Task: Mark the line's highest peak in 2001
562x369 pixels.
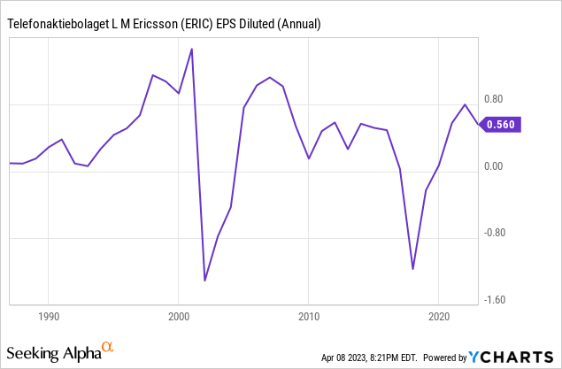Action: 192,49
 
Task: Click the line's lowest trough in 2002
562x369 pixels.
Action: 205,281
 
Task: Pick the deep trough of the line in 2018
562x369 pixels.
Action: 413,269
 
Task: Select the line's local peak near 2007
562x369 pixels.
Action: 270,78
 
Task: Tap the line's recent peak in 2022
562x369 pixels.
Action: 466,104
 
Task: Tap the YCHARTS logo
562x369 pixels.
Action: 505,357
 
